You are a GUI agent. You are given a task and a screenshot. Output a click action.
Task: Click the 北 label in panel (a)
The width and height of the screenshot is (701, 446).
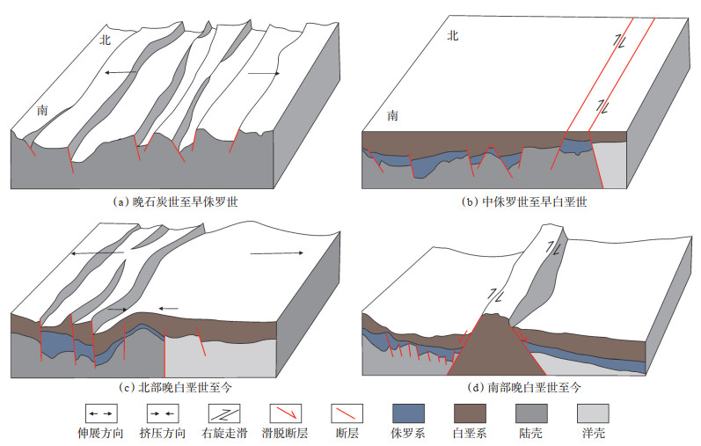106,40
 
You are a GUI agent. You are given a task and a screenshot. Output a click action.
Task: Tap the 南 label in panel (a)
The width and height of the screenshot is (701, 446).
42,111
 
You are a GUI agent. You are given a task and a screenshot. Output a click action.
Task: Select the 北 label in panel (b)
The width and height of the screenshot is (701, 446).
453,36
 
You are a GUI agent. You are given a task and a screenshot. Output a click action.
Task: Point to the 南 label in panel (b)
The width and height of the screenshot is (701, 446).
392,115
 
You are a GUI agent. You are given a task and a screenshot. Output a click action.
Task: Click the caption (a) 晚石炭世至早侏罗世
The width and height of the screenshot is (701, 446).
179,201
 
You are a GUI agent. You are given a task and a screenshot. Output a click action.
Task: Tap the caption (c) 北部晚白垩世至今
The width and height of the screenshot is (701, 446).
179,386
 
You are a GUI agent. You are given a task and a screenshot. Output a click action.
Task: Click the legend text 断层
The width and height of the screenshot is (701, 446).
345,434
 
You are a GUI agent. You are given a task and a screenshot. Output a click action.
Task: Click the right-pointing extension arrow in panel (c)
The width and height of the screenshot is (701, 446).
276,253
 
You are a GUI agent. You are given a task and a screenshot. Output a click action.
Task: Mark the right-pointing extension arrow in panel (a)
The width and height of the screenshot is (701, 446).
265,74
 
